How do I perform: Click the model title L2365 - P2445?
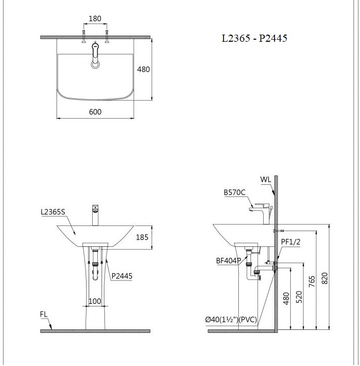tap(251, 38)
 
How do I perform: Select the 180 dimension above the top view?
tap(95, 19)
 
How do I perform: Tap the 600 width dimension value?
tap(95, 111)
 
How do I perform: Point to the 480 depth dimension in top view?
tap(144, 69)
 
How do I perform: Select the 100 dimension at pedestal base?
tap(95, 301)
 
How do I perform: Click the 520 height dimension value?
tap(299, 295)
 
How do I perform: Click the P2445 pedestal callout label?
tap(122, 276)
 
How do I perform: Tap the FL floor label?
tap(45, 314)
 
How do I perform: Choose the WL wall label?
tap(265, 180)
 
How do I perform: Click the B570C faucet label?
tap(235, 193)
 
